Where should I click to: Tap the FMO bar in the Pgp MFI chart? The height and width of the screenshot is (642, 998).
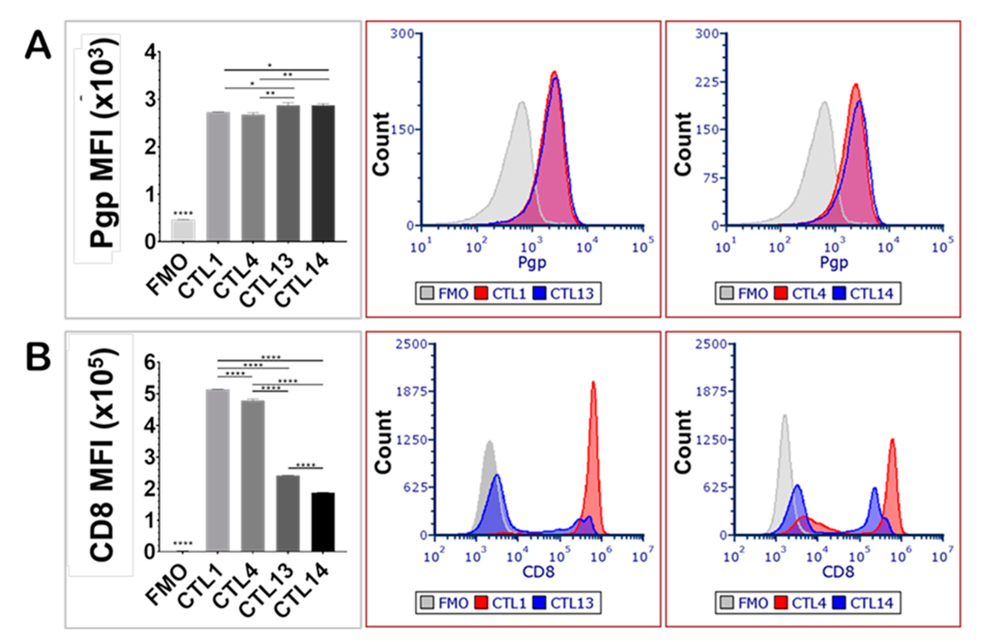tap(183, 230)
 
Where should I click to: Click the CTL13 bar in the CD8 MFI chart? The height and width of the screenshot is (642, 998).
tap(288, 513)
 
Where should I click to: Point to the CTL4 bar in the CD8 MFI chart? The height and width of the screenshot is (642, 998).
tap(253, 475)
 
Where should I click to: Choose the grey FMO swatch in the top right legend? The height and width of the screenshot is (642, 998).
tap(727, 293)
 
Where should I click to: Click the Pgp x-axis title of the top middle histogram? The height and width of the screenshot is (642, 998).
tap(532, 263)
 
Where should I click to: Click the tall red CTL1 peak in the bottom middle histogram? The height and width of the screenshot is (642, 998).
tap(593, 417)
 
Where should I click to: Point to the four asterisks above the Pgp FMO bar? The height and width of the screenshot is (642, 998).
tap(183, 213)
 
